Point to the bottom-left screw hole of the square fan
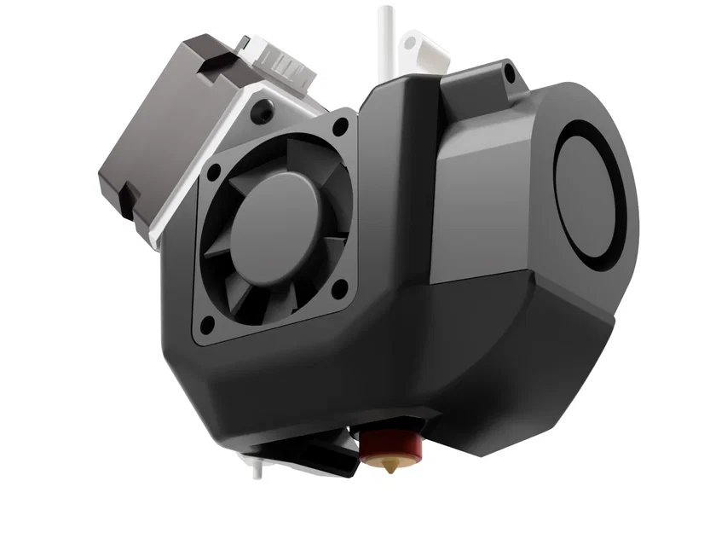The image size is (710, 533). coord(205,324)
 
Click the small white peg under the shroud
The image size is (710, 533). coord(257,466)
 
